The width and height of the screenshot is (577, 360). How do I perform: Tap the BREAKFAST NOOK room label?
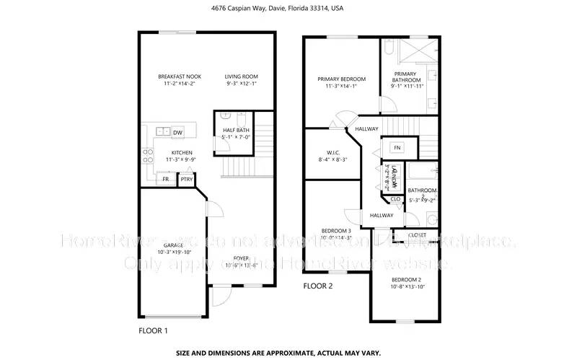180,76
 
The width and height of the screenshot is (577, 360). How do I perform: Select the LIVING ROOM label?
240,76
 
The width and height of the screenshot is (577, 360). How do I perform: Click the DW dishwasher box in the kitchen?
177,132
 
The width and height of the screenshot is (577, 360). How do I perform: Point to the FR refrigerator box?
165,179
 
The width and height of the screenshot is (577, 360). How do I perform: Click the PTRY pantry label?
186,179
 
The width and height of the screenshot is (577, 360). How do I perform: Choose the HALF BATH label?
235,129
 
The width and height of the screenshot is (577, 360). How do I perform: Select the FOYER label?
240,258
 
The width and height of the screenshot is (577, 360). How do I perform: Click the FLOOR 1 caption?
153,330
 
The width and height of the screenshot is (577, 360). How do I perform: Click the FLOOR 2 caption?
317,286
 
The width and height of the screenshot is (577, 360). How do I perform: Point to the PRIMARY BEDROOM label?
342,79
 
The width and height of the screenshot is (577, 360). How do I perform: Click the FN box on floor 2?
397,147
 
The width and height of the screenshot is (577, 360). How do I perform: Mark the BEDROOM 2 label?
406,279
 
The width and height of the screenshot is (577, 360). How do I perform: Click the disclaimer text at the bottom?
288,354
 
